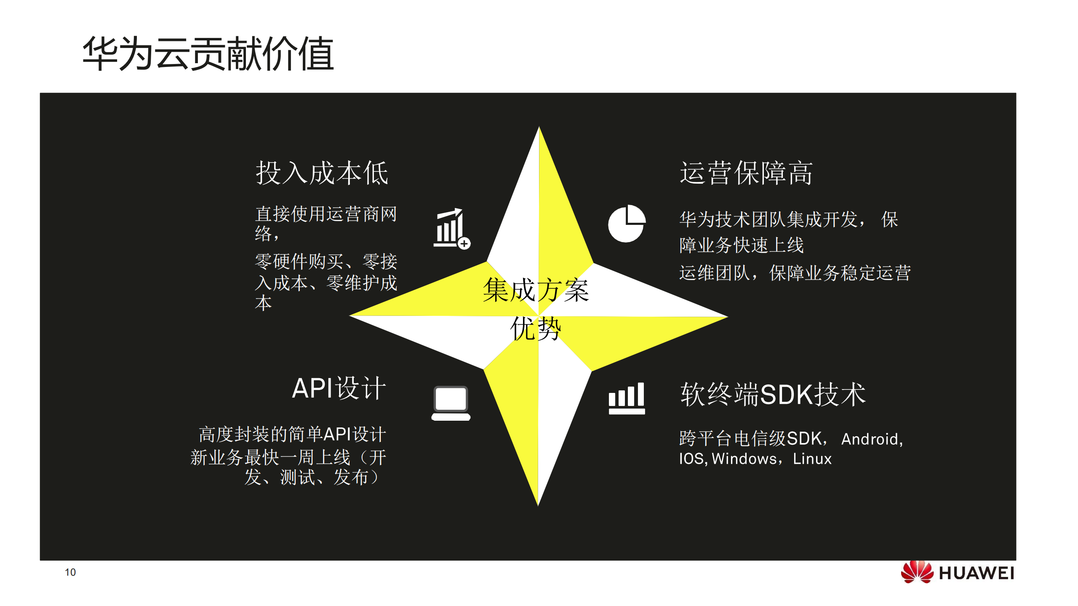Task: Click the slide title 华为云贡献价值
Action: pos(208,54)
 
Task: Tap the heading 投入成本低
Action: pos(322,173)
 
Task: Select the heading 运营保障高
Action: pos(746,173)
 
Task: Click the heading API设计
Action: pos(339,388)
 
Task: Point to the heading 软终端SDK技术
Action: pos(773,395)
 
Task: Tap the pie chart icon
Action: pos(626,224)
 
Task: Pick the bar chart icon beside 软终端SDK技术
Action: pos(627,398)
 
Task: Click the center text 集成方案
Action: pos(536,290)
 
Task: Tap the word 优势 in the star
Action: pos(536,328)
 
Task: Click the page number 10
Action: pos(70,572)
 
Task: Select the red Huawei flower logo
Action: pos(917,572)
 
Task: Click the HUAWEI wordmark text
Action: pos(976,574)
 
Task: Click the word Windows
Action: pos(744,459)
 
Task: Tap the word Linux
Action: pos(812,459)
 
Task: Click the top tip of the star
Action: pos(539,128)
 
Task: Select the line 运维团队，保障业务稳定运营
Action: pos(795,273)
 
